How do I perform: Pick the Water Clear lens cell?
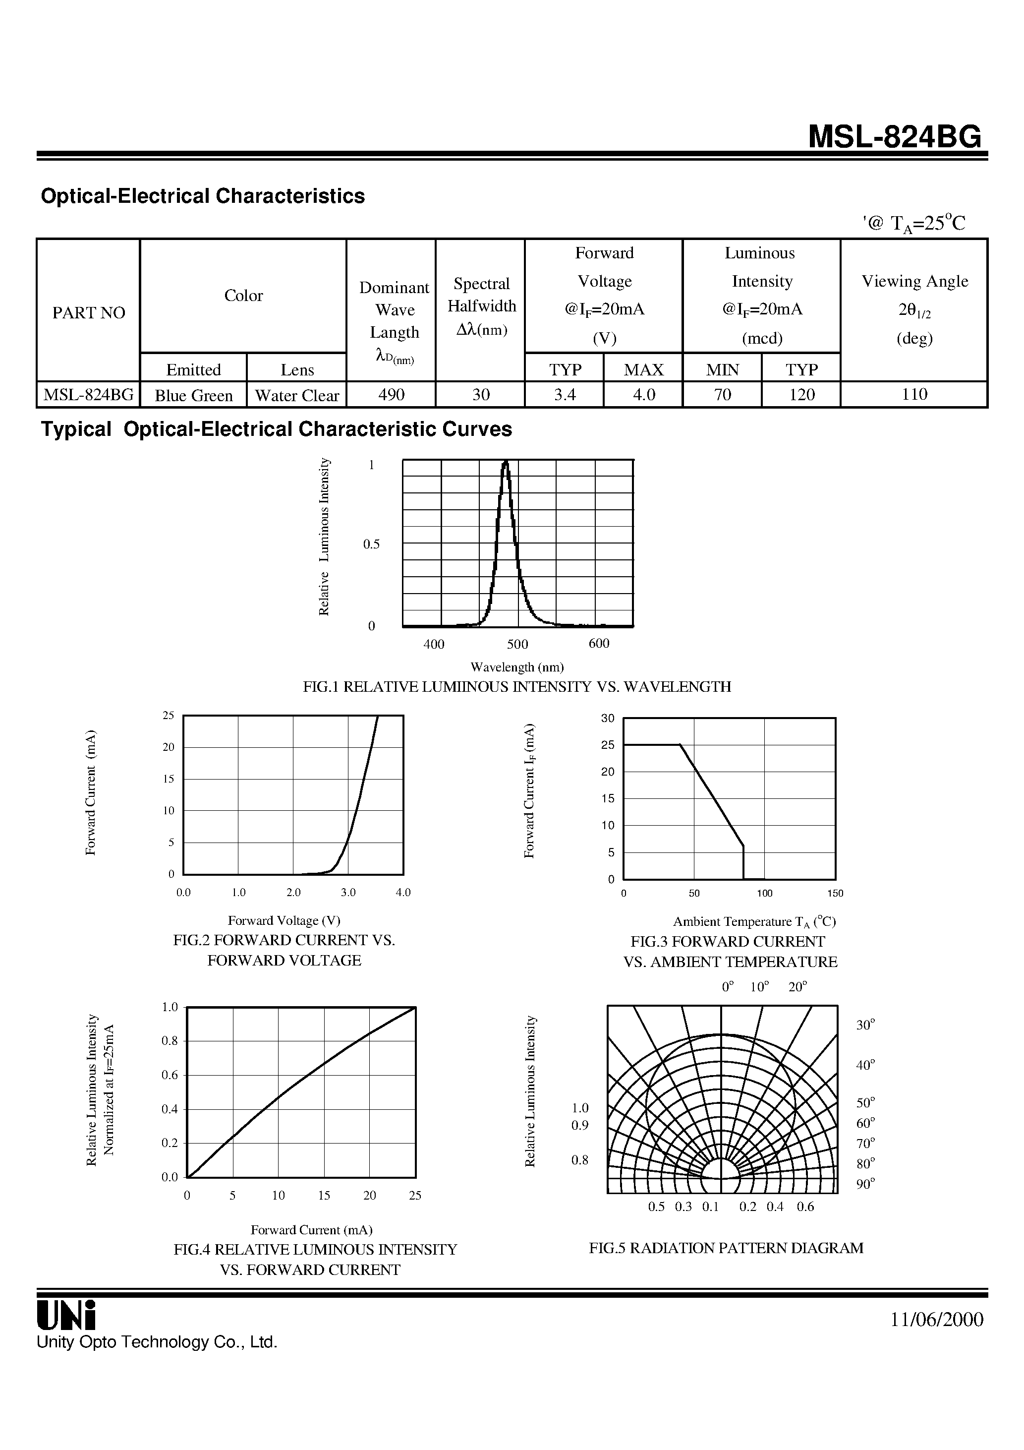point(297,395)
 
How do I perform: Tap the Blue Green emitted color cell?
point(194,395)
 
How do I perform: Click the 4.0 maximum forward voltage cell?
point(643,395)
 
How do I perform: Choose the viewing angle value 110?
point(914,395)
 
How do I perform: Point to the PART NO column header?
point(88,312)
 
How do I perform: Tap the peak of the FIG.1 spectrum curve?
point(505,462)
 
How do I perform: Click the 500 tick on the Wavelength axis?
point(517,644)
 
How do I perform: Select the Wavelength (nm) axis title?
point(517,667)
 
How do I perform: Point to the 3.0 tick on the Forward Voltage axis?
point(348,892)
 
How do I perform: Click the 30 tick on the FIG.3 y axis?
point(607,718)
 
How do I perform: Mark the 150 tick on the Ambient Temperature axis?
point(835,893)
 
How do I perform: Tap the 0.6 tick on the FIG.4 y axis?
point(170,1075)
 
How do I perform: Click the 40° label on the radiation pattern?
point(865,1065)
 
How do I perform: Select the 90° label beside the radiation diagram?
point(865,1184)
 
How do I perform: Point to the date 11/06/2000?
point(937,1319)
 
